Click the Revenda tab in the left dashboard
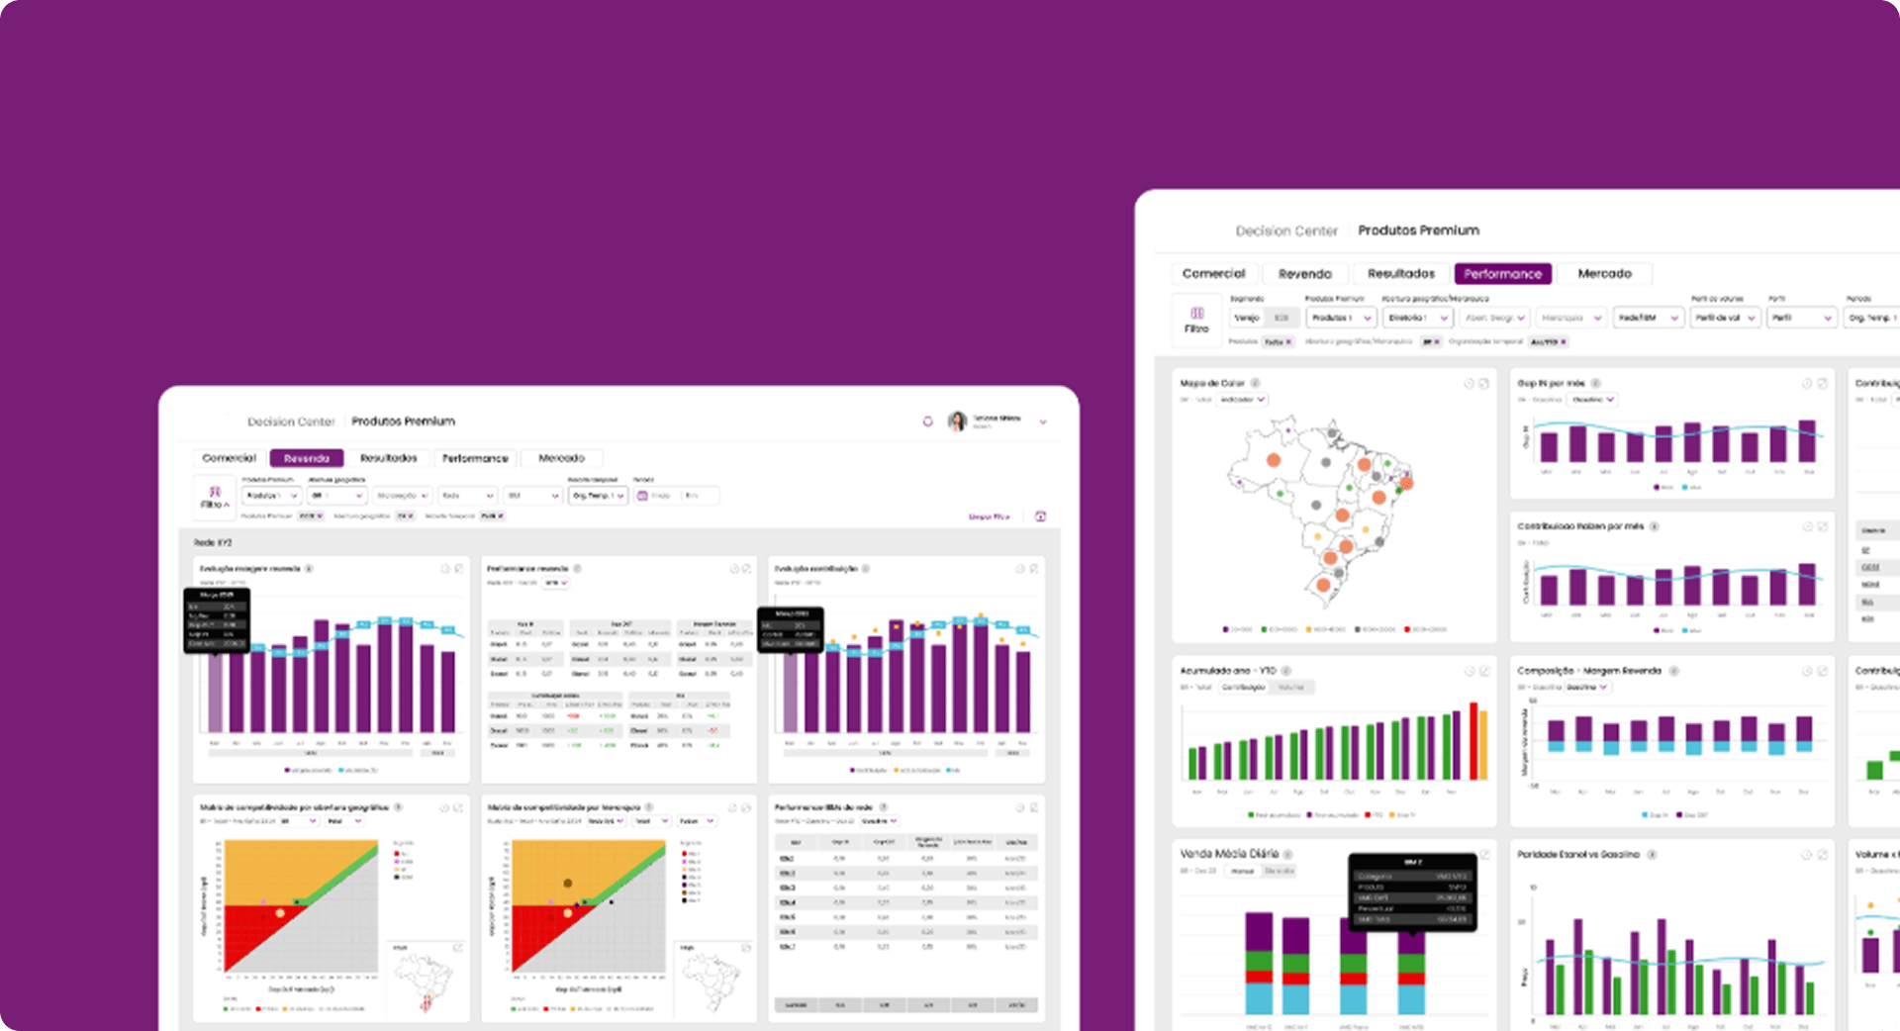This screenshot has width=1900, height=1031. tap(306, 458)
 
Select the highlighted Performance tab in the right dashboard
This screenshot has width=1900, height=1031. tap(1502, 274)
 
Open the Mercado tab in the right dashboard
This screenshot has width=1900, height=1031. tap(1604, 274)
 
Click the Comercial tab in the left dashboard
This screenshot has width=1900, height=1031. tap(229, 458)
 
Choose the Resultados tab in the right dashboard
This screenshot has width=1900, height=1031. tap(1400, 274)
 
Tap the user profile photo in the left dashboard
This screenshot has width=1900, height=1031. tap(957, 422)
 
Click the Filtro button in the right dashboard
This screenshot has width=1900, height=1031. tap(1196, 319)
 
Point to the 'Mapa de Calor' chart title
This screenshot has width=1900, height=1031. tap(1212, 383)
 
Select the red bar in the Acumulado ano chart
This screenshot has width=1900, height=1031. tap(1473, 741)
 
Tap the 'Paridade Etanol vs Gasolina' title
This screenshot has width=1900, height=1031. tap(1578, 854)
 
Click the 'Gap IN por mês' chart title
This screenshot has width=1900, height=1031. tap(1551, 383)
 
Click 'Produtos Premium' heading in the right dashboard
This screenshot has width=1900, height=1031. tap(1418, 231)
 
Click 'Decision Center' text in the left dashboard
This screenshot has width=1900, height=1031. tap(291, 422)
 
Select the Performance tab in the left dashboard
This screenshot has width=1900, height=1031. tap(475, 458)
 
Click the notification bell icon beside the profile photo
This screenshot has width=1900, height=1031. tap(928, 422)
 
